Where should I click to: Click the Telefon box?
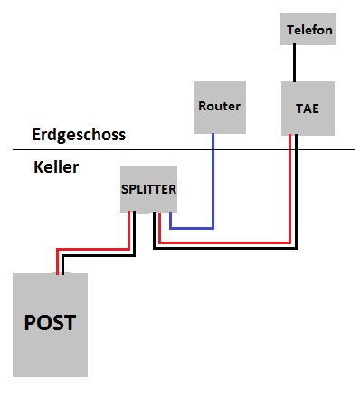click(308, 29)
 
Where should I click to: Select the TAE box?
click(308, 109)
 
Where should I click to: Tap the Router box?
click(220, 108)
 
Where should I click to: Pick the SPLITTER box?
click(148, 189)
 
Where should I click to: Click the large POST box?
click(50, 325)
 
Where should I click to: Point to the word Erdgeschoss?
click(79, 135)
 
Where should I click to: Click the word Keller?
click(56, 167)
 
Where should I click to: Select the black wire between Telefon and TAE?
click(294, 63)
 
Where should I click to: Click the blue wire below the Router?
click(213, 181)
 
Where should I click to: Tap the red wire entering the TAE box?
click(290, 187)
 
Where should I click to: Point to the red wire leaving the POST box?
click(92, 249)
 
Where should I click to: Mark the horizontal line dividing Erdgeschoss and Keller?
click(184, 149)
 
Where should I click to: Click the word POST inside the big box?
click(50, 323)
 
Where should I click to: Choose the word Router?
click(219, 106)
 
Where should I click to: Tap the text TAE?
click(308, 109)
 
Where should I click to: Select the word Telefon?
click(309, 30)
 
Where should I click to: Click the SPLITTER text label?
click(148, 189)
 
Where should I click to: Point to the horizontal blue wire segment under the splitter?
click(192, 228)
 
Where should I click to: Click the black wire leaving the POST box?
click(99, 256)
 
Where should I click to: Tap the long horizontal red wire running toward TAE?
click(224, 242)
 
